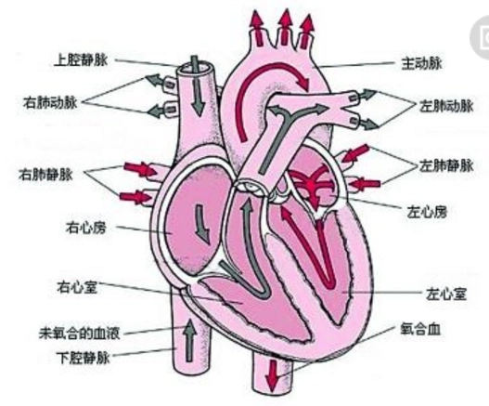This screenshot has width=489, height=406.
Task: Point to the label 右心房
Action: point(86,226)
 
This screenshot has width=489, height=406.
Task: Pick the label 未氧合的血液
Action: point(81,330)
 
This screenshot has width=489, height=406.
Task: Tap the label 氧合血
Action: point(418,330)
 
